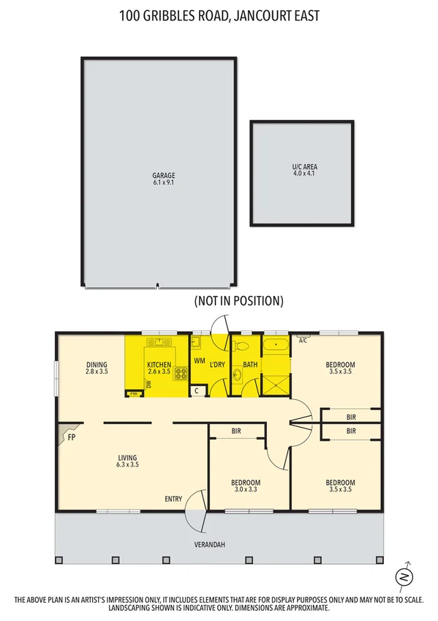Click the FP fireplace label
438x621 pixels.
[x=72, y=438]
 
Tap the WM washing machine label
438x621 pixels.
[x=200, y=361]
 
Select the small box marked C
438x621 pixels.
[x=197, y=391]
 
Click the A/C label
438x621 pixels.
[x=303, y=340]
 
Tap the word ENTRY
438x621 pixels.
[x=173, y=499]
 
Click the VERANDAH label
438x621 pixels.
[x=209, y=546]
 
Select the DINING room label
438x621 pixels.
[x=97, y=368]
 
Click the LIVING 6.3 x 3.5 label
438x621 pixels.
[x=128, y=461]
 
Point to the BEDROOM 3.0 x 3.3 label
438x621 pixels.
[x=246, y=486]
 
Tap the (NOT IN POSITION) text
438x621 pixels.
[x=238, y=301]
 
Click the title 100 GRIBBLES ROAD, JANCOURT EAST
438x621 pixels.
[x=219, y=15]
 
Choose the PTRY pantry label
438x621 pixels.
[x=133, y=394]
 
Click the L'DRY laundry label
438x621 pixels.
[x=217, y=364]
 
